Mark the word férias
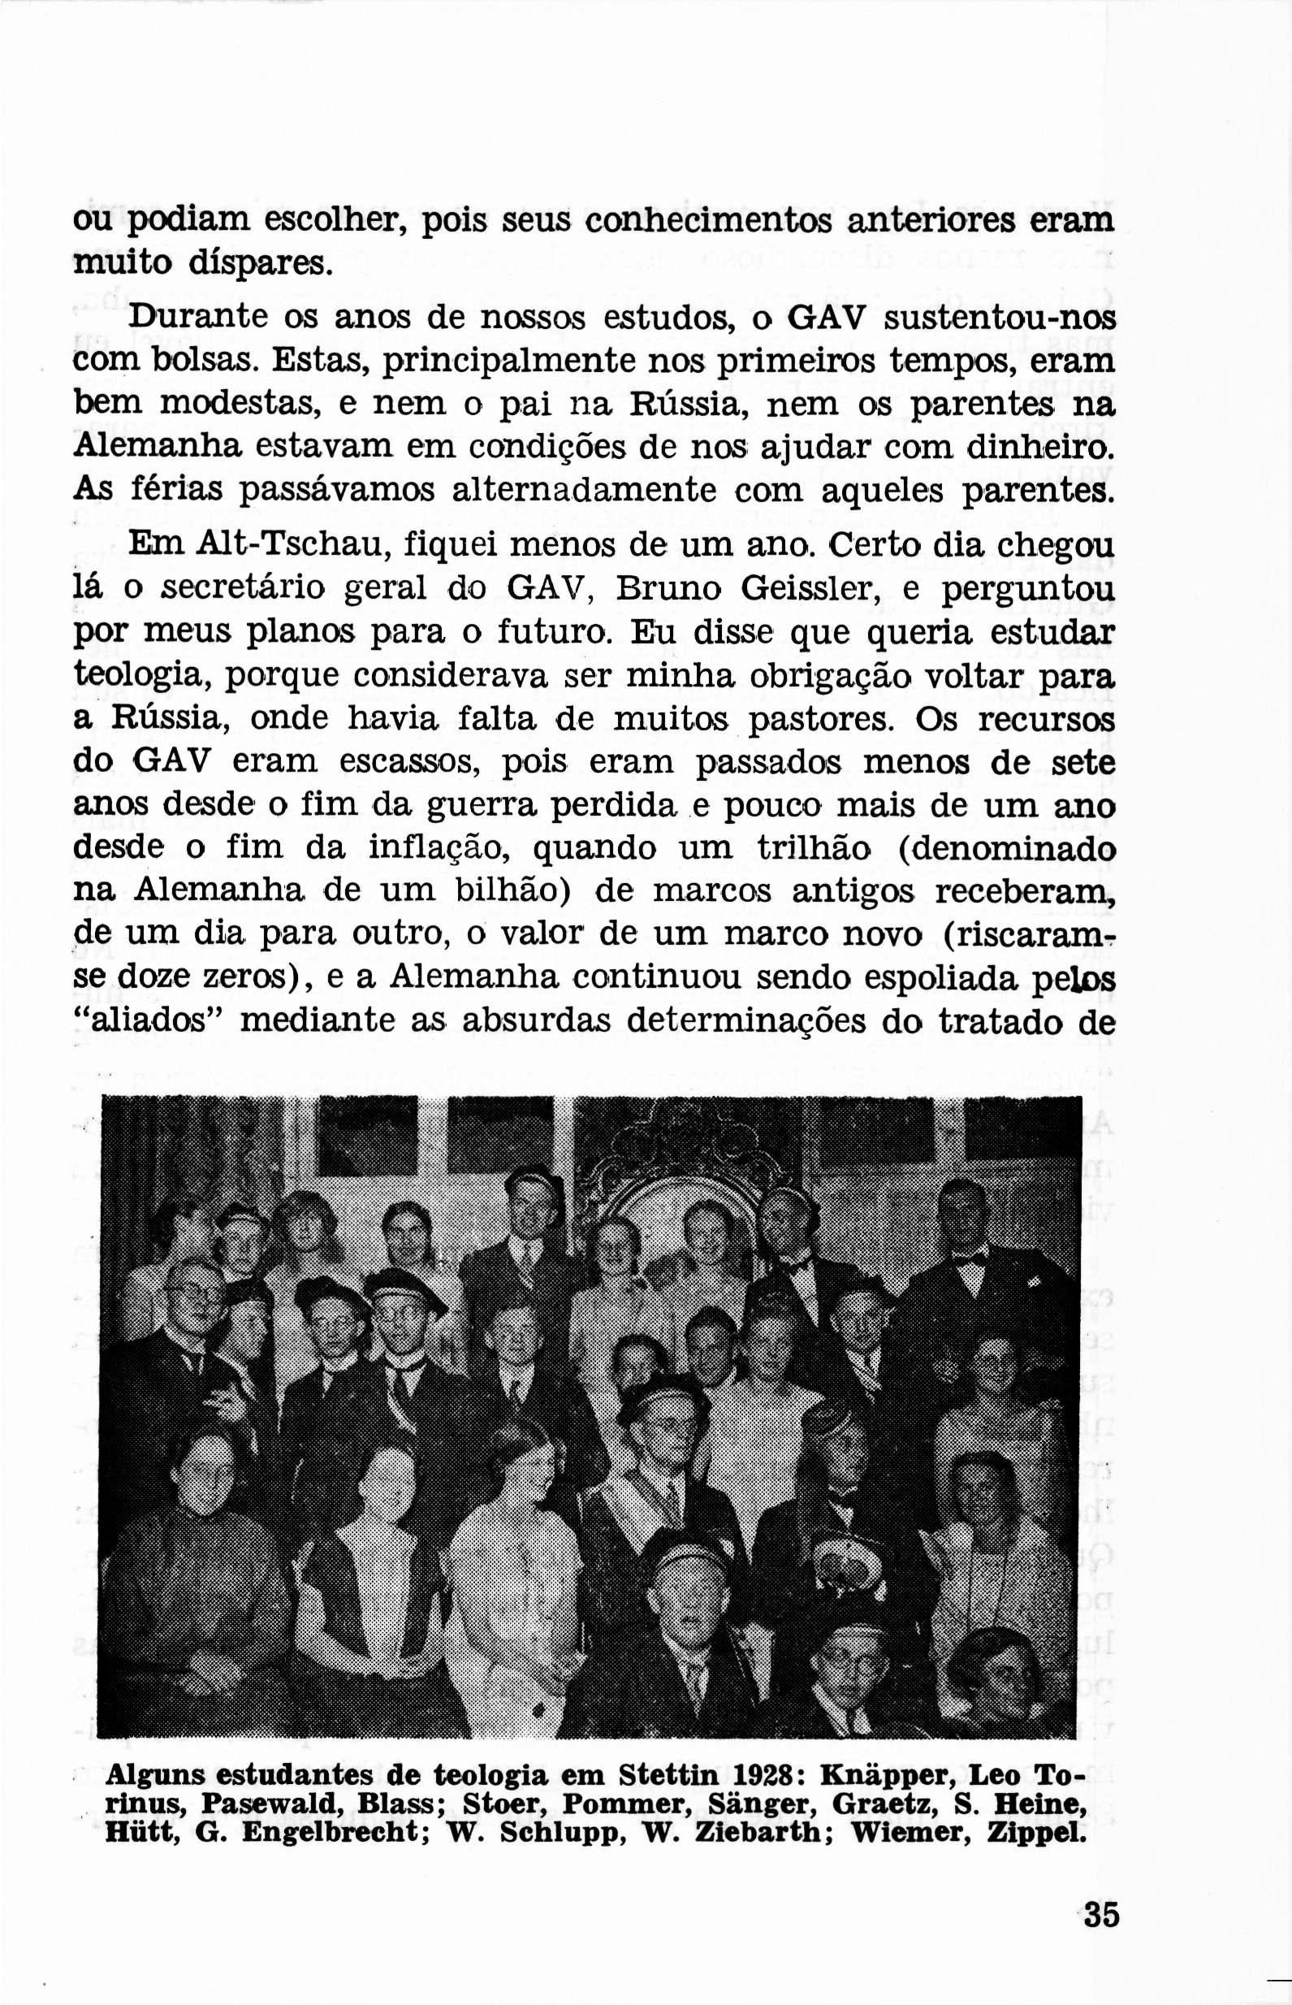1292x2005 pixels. click(x=177, y=489)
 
